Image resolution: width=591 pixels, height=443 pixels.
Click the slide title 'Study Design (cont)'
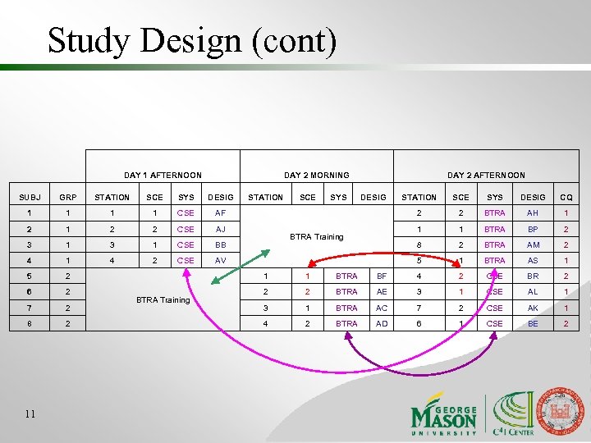[191, 40]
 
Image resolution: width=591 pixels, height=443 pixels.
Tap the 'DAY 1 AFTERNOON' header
[163, 175]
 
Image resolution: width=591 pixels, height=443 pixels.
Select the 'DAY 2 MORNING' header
[316, 175]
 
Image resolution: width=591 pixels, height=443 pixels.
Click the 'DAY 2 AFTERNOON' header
[486, 175]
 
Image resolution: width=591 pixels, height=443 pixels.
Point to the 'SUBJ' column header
[29, 197]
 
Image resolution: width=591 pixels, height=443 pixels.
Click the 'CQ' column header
[566, 197]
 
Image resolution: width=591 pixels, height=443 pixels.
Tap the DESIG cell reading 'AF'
[221, 213]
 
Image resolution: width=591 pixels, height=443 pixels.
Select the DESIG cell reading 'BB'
[221, 244]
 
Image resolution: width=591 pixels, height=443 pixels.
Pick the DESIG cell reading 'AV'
[221, 260]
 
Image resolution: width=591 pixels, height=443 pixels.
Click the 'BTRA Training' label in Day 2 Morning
[317, 236]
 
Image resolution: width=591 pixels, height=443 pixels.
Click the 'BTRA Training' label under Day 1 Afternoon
[163, 299]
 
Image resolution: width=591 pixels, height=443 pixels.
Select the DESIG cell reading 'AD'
[382, 323]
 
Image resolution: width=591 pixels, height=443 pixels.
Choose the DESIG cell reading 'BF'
[382, 276]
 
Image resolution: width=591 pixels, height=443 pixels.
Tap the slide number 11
[30, 413]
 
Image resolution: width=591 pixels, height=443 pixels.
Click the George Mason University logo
[443, 412]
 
